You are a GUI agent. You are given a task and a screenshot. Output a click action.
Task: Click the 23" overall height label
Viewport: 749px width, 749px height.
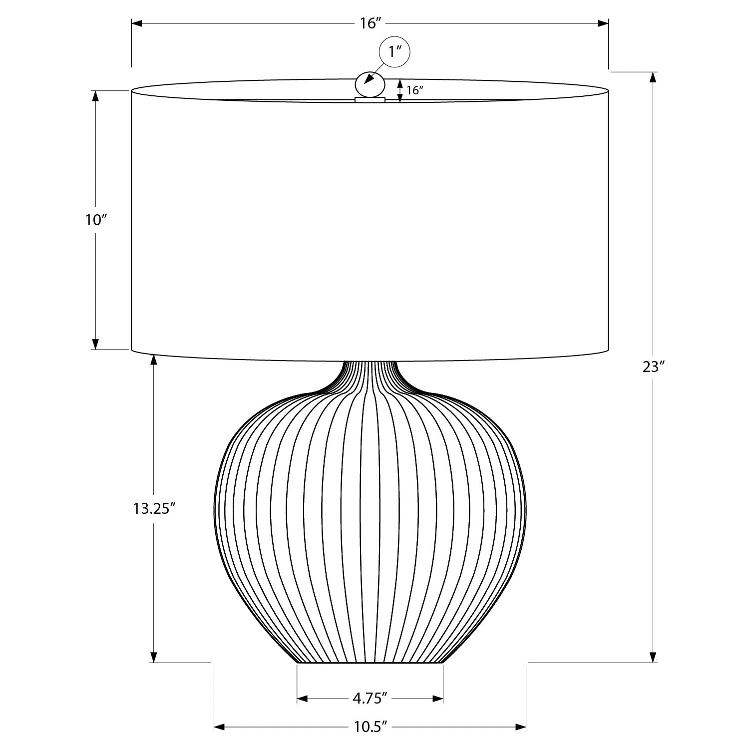pos(654,367)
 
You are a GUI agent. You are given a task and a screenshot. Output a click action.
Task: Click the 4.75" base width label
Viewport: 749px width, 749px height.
pos(370,698)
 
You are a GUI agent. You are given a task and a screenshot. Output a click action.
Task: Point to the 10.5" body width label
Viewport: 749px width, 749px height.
pos(370,727)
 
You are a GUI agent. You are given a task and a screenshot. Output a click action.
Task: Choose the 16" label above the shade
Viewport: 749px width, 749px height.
pos(370,23)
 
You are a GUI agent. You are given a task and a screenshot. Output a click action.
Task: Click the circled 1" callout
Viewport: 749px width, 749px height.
pos(395,52)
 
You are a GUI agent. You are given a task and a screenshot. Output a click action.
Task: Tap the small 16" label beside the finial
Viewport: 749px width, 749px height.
pos(415,90)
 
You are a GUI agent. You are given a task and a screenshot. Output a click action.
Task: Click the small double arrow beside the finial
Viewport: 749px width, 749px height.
pos(400,91)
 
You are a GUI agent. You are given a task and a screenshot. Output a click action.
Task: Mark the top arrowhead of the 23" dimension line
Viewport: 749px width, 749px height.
pos(653,77)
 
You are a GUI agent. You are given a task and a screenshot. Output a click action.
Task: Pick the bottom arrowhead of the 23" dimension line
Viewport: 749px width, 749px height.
pos(653,657)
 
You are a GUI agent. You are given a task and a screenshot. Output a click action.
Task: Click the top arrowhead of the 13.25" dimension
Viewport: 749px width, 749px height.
pos(154,360)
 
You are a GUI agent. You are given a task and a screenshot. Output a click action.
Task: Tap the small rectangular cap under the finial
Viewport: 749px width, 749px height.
pos(370,100)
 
